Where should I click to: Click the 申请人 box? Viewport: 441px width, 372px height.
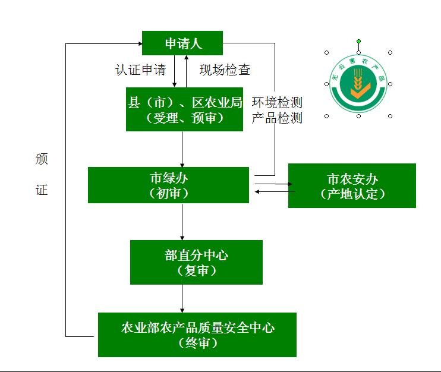[182, 43]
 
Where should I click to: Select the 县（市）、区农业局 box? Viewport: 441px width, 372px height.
[185, 109]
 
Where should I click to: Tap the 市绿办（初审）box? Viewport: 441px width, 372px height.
[168, 185]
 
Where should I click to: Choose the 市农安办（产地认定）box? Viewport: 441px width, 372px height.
[352, 186]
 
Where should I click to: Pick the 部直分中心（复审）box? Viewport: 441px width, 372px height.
[196, 262]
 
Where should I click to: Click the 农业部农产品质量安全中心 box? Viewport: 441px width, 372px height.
[197, 335]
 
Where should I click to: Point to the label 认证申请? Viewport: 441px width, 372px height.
[140, 70]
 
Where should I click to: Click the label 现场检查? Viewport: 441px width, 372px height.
[225, 70]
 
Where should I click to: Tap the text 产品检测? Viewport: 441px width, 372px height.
[277, 118]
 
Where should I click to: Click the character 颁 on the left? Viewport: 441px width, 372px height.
[41, 159]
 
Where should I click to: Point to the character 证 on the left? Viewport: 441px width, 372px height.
[41, 190]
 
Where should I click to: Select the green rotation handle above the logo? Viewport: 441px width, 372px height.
[358, 41]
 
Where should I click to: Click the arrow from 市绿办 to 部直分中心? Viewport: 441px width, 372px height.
[182, 221]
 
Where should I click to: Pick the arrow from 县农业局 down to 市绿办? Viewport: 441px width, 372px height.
[182, 149]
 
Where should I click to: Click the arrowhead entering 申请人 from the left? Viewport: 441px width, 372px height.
[138, 43]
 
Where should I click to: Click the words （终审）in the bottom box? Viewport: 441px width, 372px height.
[197, 343]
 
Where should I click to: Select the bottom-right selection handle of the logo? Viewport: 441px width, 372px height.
[390, 116]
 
